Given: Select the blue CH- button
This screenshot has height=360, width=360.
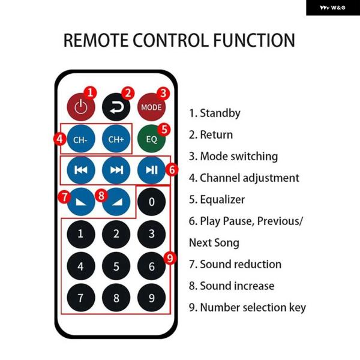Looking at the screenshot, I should pos(80,139).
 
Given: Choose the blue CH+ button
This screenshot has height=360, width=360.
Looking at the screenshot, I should pos(116,139).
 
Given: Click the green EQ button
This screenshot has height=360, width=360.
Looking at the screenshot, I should pos(151,139).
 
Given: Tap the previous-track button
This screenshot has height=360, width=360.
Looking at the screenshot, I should pos(80,170).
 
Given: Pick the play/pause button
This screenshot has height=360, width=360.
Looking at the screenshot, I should pos(151,170).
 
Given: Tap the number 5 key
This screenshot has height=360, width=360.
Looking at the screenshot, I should pos(116,266).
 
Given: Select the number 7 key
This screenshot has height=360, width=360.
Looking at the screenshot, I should pos(80,297).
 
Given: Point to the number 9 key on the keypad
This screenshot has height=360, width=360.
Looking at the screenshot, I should pos(151,297).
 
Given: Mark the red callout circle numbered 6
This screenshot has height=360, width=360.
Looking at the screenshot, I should pos(172,170).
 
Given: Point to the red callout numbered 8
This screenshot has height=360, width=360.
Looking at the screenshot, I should pos(101,195).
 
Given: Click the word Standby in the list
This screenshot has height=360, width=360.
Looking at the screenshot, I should pos(220,113).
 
